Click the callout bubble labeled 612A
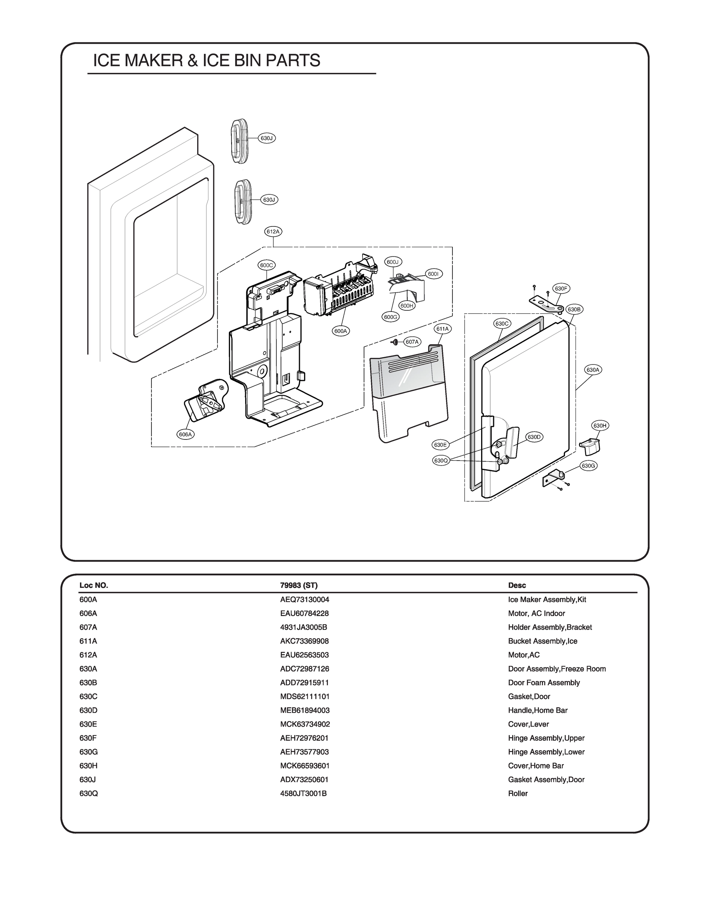(x=273, y=231)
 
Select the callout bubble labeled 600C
(x=266, y=265)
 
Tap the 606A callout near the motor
(x=185, y=435)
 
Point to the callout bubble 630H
(x=600, y=425)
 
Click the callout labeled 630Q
(x=441, y=460)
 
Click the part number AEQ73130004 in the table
(x=304, y=599)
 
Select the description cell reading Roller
(x=517, y=794)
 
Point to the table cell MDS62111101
(x=304, y=696)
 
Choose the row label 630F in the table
(x=88, y=738)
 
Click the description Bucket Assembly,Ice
(x=542, y=641)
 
